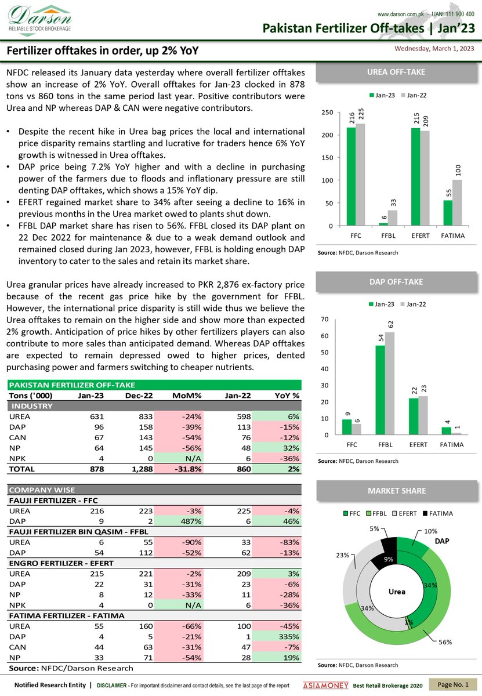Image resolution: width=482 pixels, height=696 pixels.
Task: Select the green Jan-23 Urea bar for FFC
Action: (351, 176)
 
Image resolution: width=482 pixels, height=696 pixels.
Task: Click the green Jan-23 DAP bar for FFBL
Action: (380, 390)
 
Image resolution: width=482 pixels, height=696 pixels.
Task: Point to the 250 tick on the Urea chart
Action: (328, 113)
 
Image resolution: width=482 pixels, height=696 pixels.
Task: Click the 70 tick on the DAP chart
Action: (325, 320)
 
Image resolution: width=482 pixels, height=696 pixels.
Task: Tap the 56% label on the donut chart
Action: (445, 642)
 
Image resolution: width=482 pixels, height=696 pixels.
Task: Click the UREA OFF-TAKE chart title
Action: (396, 72)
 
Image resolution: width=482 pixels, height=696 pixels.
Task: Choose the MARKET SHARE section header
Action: (396, 491)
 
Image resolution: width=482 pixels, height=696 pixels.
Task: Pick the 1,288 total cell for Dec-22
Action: (139, 469)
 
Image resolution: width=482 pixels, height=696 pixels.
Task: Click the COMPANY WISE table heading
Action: (38, 490)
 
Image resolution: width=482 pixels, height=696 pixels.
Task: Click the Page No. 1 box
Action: (453, 685)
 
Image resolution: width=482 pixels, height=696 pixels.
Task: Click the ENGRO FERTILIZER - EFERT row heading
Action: (60, 563)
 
